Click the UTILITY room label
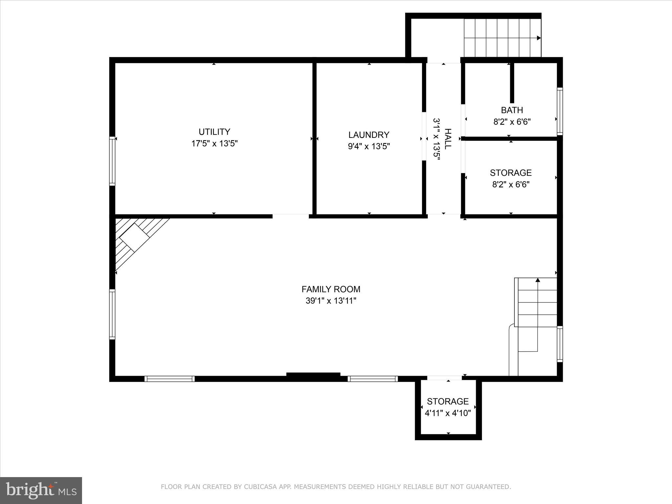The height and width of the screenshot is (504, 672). point(214,132)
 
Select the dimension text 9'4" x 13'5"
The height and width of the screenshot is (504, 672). point(369,146)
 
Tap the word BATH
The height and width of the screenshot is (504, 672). point(512,110)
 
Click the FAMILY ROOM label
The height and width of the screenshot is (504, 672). point(331,289)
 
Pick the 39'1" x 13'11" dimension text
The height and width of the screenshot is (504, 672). point(331,301)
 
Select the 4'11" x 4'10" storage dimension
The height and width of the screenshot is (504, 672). point(448,413)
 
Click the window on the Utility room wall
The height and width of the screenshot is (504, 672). point(112,161)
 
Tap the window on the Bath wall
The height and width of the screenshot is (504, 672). point(560,111)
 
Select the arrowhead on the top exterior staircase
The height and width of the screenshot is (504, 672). point(538,38)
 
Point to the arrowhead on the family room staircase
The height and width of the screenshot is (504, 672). point(537,280)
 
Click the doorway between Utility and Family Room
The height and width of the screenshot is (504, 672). point(290,216)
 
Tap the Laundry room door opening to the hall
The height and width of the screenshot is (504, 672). point(424,136)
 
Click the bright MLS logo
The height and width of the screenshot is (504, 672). point(41,490)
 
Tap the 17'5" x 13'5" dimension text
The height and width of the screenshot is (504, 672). point(214,144)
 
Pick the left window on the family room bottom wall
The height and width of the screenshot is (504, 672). point(170,379)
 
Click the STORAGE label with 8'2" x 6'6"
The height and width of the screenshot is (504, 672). point(511,173)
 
